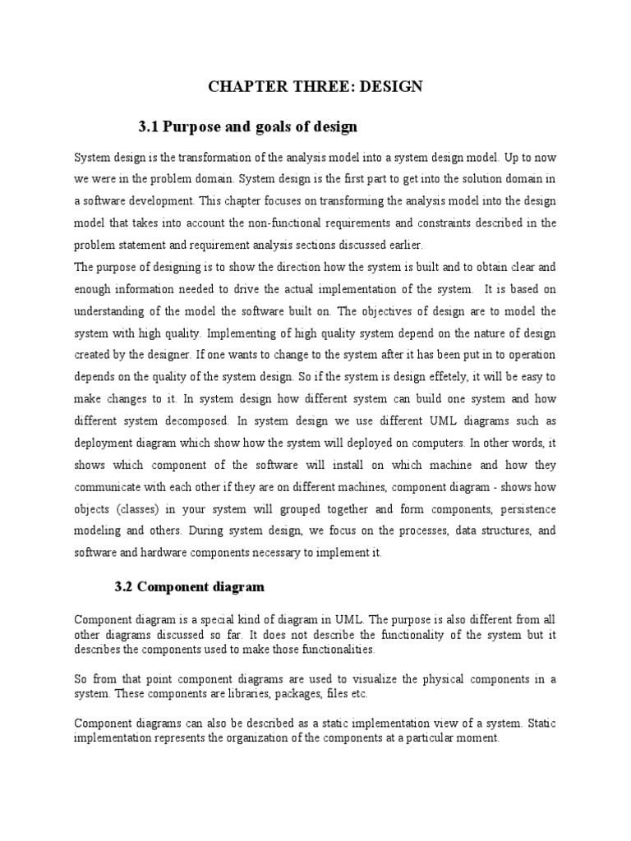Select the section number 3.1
coord(148,126)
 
